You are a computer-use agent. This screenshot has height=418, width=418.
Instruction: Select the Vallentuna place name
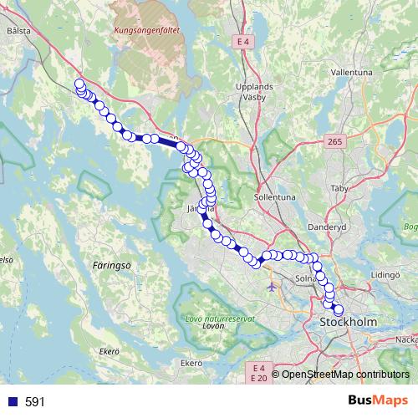[350, 73]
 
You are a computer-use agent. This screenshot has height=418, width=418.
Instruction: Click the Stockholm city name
[349, 322]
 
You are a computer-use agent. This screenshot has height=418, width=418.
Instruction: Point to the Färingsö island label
[103, 263]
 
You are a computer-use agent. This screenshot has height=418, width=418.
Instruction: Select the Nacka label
[406, 339]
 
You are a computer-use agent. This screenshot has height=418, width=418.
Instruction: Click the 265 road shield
[334, 142]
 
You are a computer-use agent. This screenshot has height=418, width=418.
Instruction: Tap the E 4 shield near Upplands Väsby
[243, 41]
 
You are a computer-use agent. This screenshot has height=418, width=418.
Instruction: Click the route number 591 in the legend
[34, 402]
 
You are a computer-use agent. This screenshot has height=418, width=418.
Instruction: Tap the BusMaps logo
[378, 400]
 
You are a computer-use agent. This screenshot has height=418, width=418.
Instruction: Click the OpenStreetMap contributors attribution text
[345, 375]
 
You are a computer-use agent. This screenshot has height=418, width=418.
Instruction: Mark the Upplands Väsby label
[255, 91]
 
